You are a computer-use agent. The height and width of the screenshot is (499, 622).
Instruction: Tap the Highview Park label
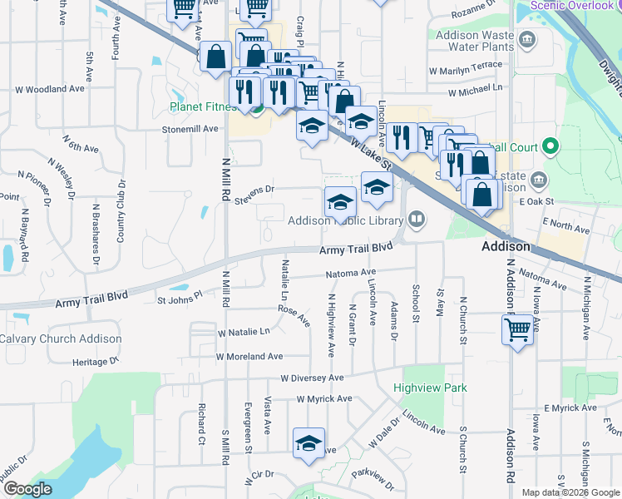tap(430, 388)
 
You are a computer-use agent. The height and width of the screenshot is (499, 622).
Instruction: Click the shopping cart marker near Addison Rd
tap(517, 330)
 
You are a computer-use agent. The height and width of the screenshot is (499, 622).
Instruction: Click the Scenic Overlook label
tap(572, 5)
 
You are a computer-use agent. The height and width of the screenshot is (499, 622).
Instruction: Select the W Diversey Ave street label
tap(312, 377)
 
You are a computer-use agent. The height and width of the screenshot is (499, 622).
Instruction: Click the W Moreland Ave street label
tap(249, 356)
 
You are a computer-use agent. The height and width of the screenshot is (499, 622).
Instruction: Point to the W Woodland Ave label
tap(50, 88)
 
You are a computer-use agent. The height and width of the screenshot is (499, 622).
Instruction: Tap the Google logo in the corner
tap(27, 489)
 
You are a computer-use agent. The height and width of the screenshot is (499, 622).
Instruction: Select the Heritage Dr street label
tap(96, 362)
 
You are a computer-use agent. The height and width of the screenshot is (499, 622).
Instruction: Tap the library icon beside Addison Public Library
tap(417, 220)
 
